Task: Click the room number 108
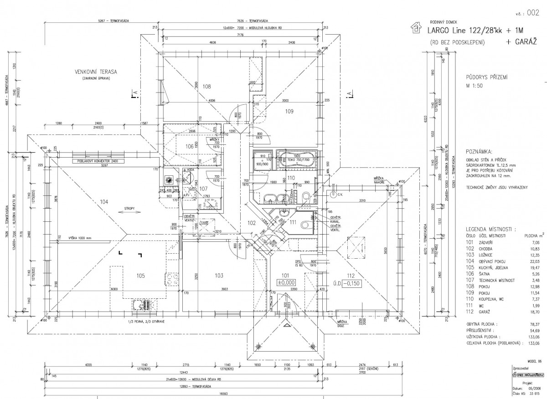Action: [x=206, y=86]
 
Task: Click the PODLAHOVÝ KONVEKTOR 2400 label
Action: [x=98, y=161]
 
